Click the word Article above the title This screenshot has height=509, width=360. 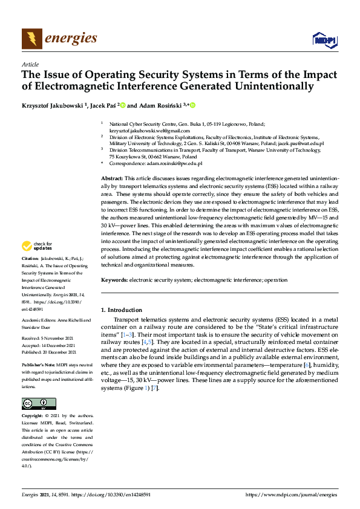(x=30, y=63)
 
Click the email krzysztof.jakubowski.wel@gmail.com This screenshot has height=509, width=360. (x=141, y=131)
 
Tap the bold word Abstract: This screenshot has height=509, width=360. (x=111, y=180)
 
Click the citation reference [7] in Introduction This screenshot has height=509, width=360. (x=155, y=387)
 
